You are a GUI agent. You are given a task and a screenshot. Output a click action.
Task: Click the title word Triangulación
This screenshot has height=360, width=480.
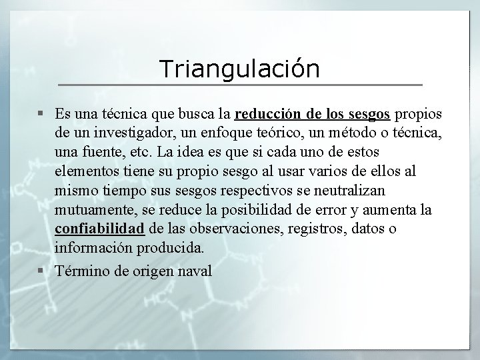[x=239, y=68]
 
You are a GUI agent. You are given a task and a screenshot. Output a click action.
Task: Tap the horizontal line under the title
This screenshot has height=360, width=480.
[x=240, y=85]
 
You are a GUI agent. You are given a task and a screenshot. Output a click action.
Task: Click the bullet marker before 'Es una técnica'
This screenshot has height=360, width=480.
[x=41, y=109]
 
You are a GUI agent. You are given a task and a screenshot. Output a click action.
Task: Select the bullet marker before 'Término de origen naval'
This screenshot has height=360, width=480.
[x=41, y=271]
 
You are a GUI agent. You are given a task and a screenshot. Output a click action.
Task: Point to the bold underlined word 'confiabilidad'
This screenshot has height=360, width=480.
[x=100, y=229]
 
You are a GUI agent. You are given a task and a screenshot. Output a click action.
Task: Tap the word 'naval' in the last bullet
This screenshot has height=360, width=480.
[x=196, y=271]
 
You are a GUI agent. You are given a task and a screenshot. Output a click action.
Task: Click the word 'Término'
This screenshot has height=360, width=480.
[x=81, y=271]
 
